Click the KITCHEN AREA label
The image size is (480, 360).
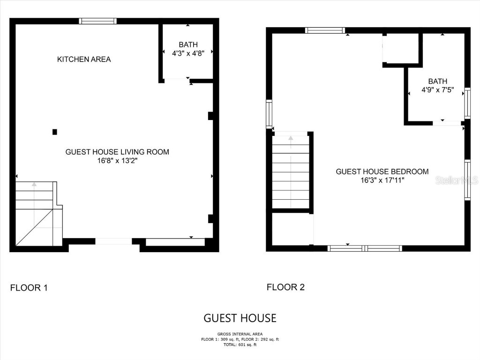84,60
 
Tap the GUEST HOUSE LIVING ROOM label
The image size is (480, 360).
117,152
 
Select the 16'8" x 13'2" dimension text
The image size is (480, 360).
117,161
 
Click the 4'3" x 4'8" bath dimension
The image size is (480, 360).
187,53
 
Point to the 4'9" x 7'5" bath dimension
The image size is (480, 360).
437,90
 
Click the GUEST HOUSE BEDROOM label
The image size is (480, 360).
382,172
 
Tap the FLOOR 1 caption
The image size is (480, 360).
29,288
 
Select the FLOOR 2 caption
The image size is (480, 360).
285,287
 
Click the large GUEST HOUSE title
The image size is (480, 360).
240,318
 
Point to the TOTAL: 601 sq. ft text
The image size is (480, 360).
240,345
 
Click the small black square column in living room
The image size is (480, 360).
55,132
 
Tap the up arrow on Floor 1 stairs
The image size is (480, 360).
34,184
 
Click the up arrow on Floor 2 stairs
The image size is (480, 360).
291,138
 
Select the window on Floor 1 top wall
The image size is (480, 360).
97,21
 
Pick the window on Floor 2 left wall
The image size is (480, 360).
269,114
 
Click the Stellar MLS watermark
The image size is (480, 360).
456,180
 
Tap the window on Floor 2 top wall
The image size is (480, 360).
325,30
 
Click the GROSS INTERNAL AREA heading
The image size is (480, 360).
240,334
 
